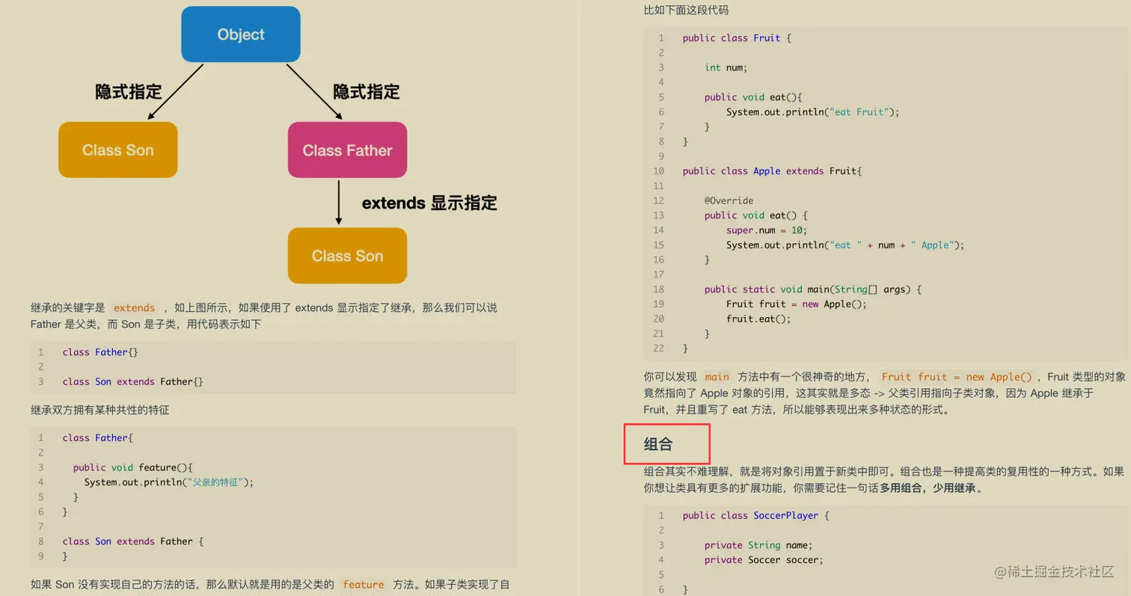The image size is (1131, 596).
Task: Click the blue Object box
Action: click(x=241, y=34)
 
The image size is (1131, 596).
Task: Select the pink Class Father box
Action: click(x=347, y=150)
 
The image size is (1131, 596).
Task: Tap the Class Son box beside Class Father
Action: click(x=118, y=150)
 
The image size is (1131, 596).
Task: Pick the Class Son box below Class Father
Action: click(x=347, y=256)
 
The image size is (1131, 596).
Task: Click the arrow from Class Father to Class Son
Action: click(x=339, y=202)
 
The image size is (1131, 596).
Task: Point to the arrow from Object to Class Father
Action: click(x=314, y=91)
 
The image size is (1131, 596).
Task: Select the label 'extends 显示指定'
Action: click(x=429, y=203)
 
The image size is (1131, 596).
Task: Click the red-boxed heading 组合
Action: click(x=659, y=444)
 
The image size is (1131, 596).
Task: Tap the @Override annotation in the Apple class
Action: click(x=729, y=200)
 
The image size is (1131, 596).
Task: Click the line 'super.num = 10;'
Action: click(x=767, y=230)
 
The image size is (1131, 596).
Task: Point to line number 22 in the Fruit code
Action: click(x=658, y=348)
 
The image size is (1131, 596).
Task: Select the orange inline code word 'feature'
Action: click(x=364, y=585)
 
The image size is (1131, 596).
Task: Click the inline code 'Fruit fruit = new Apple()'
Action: click(x=956, y=377)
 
